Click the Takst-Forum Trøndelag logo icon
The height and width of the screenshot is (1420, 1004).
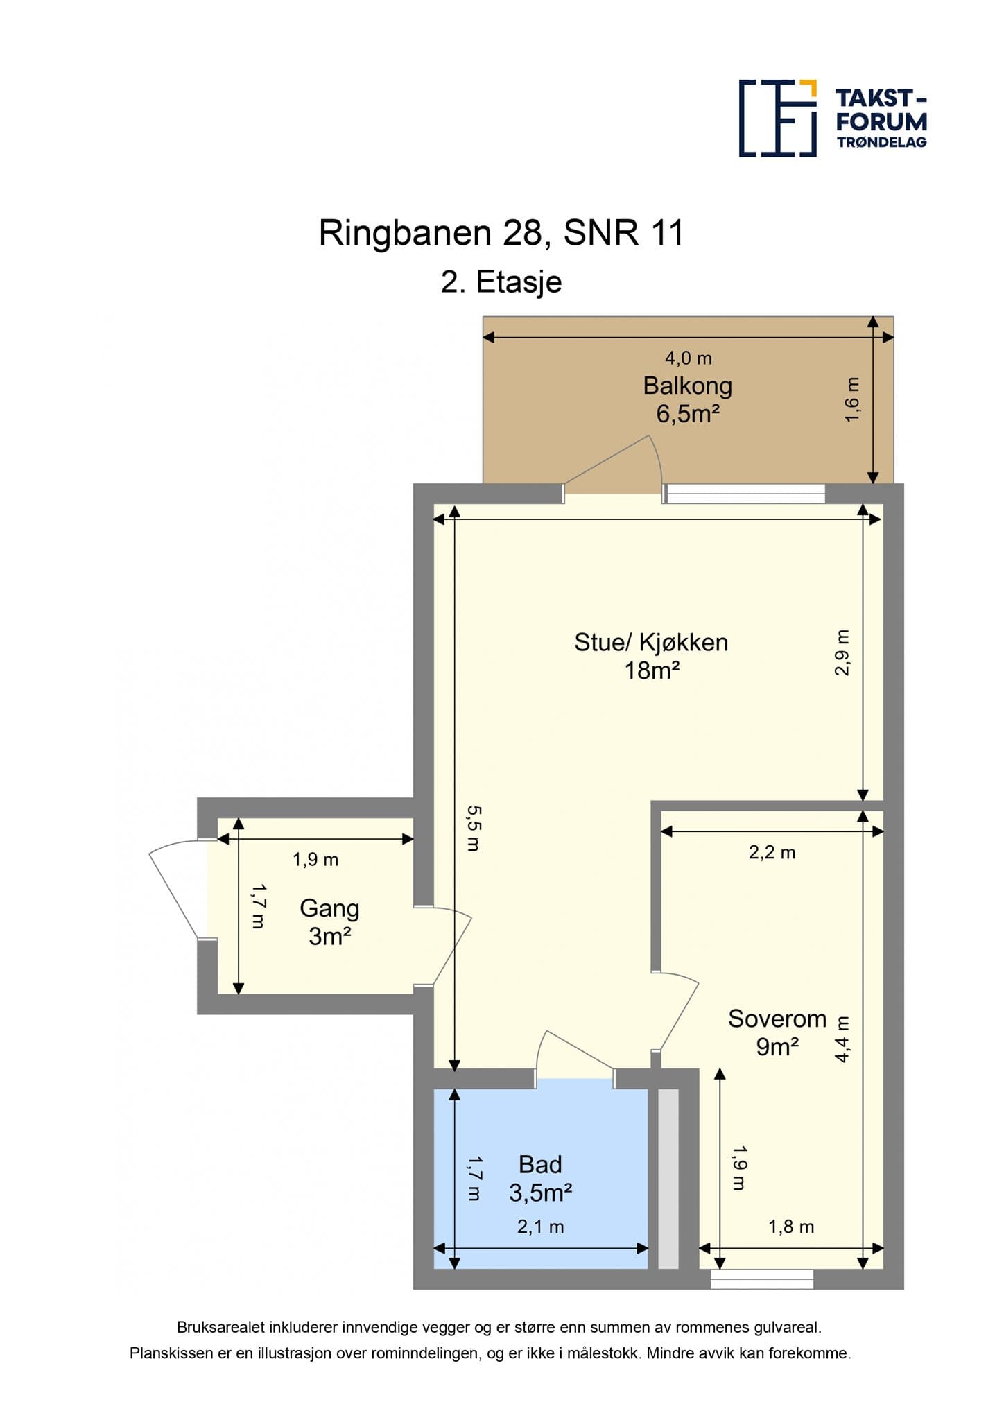(x=778, y=119)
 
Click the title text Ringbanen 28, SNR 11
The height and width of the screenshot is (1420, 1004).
(x=501, y=233)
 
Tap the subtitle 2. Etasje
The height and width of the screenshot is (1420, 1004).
(x=501, y=282)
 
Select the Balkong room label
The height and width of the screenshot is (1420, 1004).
(x=687, y=386)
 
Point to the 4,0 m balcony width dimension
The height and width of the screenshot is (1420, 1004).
(x=688, y=358)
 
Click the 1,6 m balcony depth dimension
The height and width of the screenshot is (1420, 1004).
(x=852, y=399)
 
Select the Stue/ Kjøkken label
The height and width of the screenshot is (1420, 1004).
(x=651, y=642)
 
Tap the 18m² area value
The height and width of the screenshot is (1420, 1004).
(x=651, y=670)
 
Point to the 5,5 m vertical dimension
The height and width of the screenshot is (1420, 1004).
(x=472, y=828)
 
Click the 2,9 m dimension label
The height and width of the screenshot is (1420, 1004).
(x=841, y=652)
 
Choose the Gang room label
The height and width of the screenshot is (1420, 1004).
(x=329, y=908)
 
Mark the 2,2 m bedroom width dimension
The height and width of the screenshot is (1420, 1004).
(x=772, y=852)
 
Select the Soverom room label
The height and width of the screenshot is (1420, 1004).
(x=777, y=1019)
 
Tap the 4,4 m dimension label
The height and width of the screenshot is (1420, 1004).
(x=842, y=1039)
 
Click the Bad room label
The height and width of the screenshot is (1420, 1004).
(x=540, y=1164)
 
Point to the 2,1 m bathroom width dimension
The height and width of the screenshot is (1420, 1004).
(x=540, y=1227)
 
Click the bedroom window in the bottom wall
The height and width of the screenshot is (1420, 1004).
(x=761, y=1279)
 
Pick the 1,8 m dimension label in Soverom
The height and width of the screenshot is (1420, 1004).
(x=791, y=1227)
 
